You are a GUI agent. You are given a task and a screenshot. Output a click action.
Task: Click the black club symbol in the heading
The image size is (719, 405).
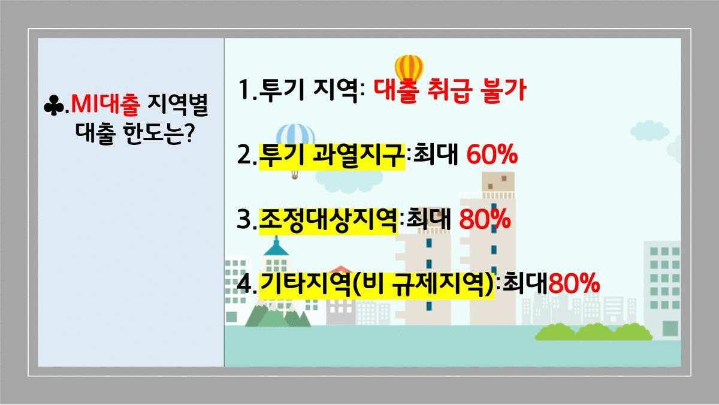54,105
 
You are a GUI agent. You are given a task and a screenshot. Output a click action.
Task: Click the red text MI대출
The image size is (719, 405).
105,105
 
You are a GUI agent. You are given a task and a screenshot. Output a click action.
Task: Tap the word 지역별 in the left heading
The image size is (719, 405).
178,105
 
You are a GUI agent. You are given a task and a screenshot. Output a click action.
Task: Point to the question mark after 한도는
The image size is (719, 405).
189,132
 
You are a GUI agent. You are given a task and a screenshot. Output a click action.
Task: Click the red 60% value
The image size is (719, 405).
492,155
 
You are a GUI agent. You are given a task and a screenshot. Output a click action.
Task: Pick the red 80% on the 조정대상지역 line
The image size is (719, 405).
485,219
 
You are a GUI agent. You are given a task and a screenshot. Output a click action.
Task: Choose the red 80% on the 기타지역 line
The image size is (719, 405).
574,283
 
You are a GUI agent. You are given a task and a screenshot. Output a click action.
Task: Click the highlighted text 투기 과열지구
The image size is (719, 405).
331,155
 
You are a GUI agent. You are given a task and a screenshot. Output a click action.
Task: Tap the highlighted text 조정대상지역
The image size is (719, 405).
328,220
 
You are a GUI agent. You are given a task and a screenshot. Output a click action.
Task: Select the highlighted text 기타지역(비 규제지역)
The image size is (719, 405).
376,285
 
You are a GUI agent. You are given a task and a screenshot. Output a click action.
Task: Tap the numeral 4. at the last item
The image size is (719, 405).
247,284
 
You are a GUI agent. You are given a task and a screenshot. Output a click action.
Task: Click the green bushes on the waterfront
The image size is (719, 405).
594,332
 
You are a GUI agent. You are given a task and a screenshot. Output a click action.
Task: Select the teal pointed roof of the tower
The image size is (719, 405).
276,246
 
